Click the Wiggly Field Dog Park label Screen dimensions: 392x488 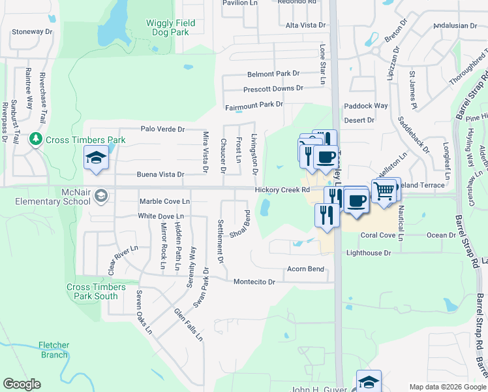(x=170, y=27)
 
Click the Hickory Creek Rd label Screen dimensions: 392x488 (x=282, y=189)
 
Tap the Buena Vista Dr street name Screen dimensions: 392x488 (x=160, y=175)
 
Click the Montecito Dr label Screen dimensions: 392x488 (x=254, y=282)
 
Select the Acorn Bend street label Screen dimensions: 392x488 (x=306, y=269)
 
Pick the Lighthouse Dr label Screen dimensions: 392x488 (x=369, y=252)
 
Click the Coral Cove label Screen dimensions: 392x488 (x=378, y=235)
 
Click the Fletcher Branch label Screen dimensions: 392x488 (x=53, y=350)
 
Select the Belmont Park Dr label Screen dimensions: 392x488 (x=273, y=74)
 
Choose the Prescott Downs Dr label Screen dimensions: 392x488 (x=273, y=88)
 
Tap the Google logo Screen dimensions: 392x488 (x=22, y=384)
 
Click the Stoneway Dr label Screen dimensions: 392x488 (x=32, y=31)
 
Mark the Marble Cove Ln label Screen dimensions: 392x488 (x=164, y=201)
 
